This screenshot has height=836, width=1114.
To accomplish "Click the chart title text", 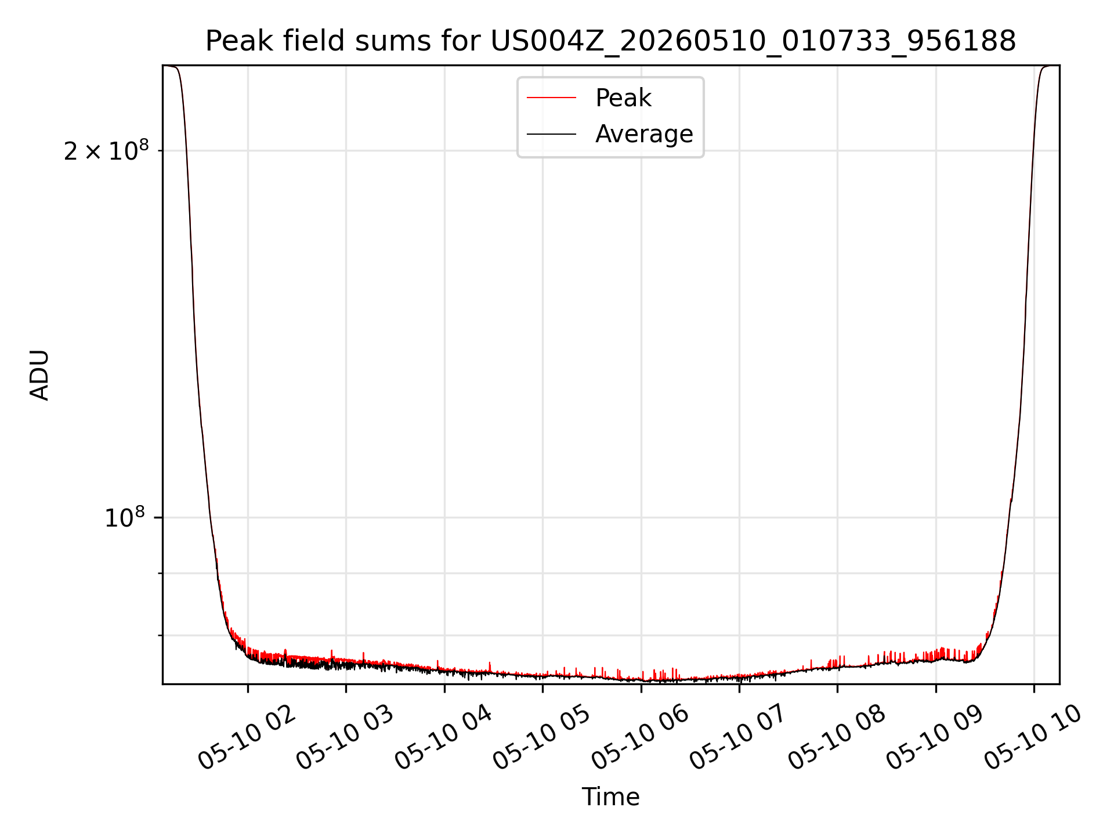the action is pyautogui.click(x=611, y=41).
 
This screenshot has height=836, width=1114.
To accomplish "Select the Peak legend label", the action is pyautogui.click(x=624, y=98).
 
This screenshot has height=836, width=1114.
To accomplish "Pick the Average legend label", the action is pyautogui.click(x=644, y=134).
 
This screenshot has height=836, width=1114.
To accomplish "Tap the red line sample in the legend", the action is pyautogui.click(x=551, y=98).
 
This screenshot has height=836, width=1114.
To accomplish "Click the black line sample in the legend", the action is pyautogui.click(x=551, y=134).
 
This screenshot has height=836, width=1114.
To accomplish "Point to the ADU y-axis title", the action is pyautogui.click(x=39, y=375).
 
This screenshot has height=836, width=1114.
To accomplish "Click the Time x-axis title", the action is pyautogui.click(x=611, y=797).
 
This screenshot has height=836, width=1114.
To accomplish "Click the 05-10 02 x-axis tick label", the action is pyautogui.click(x=247, y=737).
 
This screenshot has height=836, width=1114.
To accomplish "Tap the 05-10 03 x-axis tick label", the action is pyautogui.click(x=345, y=737).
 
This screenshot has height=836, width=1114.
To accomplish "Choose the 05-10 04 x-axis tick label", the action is pyautogui.click(x=443, y=737).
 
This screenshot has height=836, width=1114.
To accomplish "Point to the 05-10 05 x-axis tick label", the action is pyautogui.click(x=541, y=737).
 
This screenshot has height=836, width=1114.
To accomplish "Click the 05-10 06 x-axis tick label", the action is pyautogui.click(x=639, y=737).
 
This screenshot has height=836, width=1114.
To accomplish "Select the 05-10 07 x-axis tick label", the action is pyautogui.click(x=737, y=737).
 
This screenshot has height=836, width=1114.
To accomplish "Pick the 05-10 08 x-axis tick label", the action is pyautogui.click(x=836, y=737).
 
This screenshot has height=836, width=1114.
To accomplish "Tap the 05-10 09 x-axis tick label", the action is pyautogui.click(x=934, y=737).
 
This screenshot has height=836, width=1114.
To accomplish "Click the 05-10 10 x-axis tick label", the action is pyautogui.click(x=1032, y=737).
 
